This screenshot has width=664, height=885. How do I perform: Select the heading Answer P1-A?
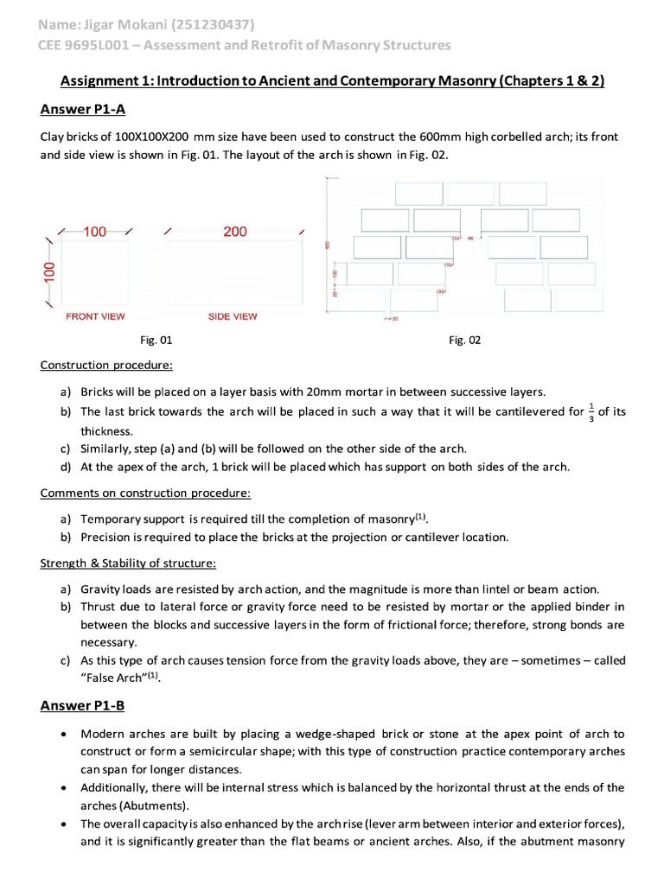tap(83, 109)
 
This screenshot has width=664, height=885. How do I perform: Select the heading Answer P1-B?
tap(83, 705)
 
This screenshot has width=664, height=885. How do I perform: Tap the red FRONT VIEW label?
tap(95, 316)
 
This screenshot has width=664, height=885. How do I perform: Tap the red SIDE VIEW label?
tap(233, 316)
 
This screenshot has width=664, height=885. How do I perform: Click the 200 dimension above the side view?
tap(234, 232)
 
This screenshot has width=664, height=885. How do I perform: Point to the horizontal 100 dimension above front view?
tap(95, 232)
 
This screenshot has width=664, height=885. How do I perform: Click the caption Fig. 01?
tap(156, 341)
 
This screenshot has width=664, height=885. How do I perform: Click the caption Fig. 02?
tap(464, 341)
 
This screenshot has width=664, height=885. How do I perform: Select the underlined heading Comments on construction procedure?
tap(146, 493)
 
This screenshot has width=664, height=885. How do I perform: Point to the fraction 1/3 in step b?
tap(591, 411)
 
